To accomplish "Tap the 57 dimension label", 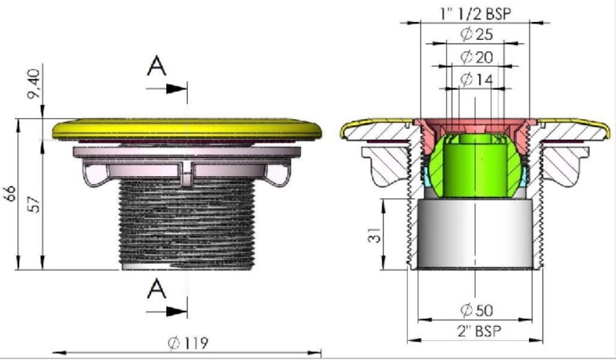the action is pyautogui.click(x=35, y=204).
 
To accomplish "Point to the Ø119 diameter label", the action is pyautogui.click(x=188, y=343).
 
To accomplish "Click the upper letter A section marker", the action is pyautogui.click(x=156, y=66).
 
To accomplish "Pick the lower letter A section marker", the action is pyautogui.click(x=156, y=289).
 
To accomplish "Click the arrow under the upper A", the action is pyautogui.click(x=166, y=89).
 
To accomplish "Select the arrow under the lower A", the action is pyautogui.click(x=166, y=312).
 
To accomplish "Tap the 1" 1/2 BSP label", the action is pyautogui.click(x=476, y=14).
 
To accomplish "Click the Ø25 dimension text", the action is pyautogui.click(x=476, y=35).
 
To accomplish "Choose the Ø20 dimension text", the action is pyautogui.click(x=476, y=57).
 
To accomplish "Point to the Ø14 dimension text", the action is pyautogui.click(x=476, y=80).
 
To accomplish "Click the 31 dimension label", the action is pyautogui.click(x=375, y=235).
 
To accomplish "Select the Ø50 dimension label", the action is pyautogui.click(x=476, y=310).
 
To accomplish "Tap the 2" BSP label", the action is pyautogui.click(x=479, y=331).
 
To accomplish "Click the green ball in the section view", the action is pyautogui.click(x=476, y=165).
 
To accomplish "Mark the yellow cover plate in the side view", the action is pyautogui.click(x=187, y=129).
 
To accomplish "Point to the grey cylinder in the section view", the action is pyautogui.click(x=475, y=233).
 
